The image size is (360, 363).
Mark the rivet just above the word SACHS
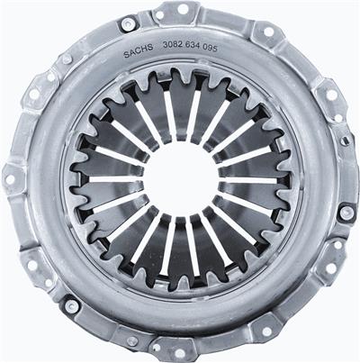click(x=129, y=23)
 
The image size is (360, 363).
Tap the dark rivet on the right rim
click(x=346, y=213)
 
